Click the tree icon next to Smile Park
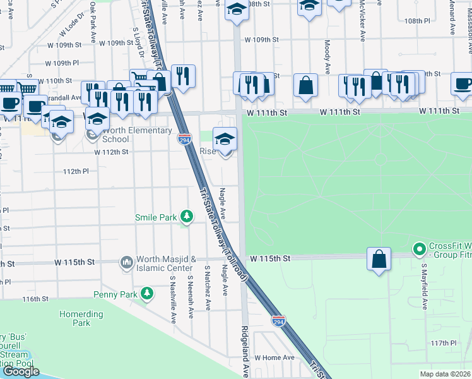(x=186, y=217)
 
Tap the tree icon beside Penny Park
(x=147, y=294)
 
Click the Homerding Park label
(x=81, y=318)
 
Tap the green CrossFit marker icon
(x=418, y=250)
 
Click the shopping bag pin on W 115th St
(x=378, y=259)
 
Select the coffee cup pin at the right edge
(x=462, y=84)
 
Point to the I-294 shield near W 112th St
(x=184, y=139)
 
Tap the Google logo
(x=21, y=371)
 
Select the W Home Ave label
(x=274, y=358)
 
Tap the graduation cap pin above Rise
(x=225, y=138)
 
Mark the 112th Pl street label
(x=76, y=171)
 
